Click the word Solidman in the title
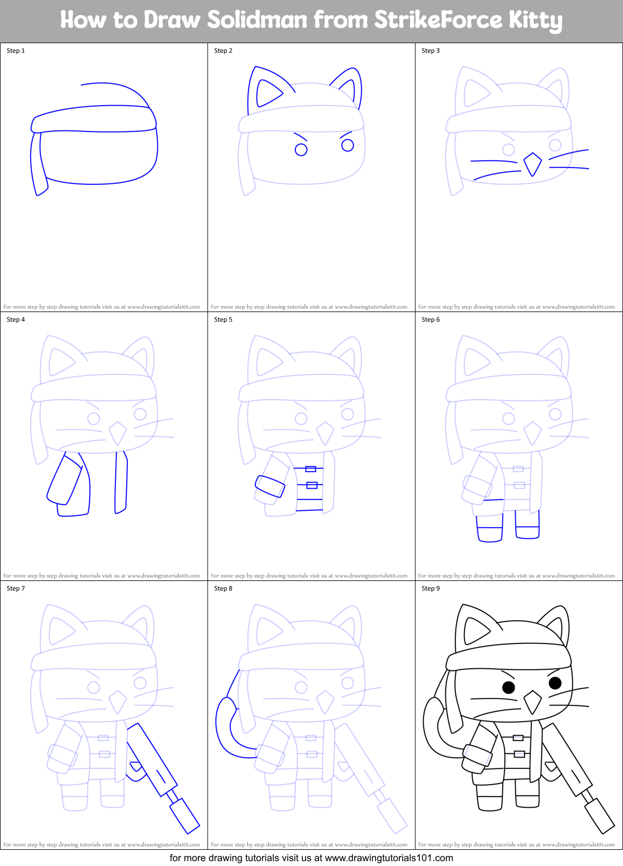(257, 20)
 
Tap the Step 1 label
(16, 51)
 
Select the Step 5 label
(223, 320)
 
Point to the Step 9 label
(431, 588)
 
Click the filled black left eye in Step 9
(508, 687)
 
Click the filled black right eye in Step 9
(555, 683)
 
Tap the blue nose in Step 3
(532, 164)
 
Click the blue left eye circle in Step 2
(301, 150)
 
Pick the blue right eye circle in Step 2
(348, 145)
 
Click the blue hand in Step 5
(269, 486)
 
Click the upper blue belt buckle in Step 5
(310, 469)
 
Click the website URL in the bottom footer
(389, 858)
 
